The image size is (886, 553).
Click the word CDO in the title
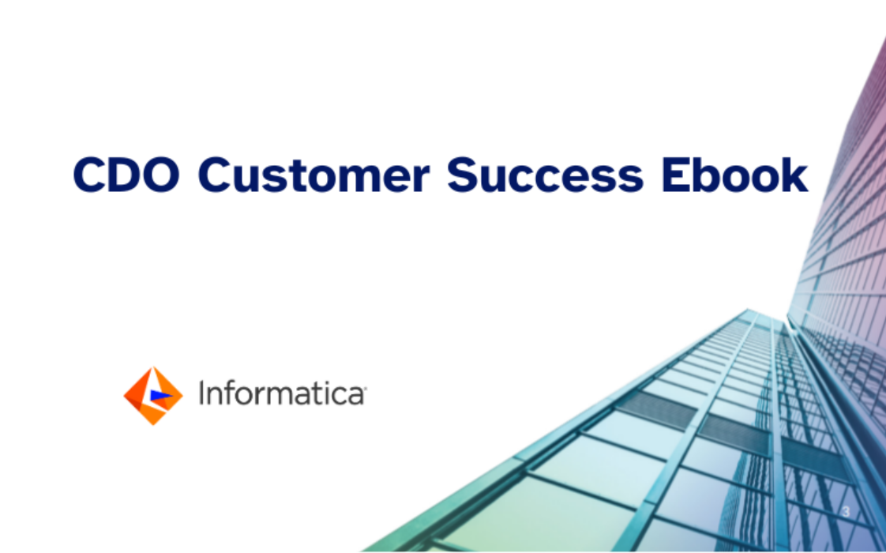(126, 175)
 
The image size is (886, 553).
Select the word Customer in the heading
(313, 175)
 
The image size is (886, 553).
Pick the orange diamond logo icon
(153, 396)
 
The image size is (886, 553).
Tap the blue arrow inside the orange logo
(160, 396)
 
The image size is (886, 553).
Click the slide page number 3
(846, 512)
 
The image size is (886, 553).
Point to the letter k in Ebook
(793, 174)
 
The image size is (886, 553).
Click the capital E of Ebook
(674, 175)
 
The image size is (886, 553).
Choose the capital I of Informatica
(201, 393)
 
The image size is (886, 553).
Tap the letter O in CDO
(162, 175)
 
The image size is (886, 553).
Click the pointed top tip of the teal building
(748, 310)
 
